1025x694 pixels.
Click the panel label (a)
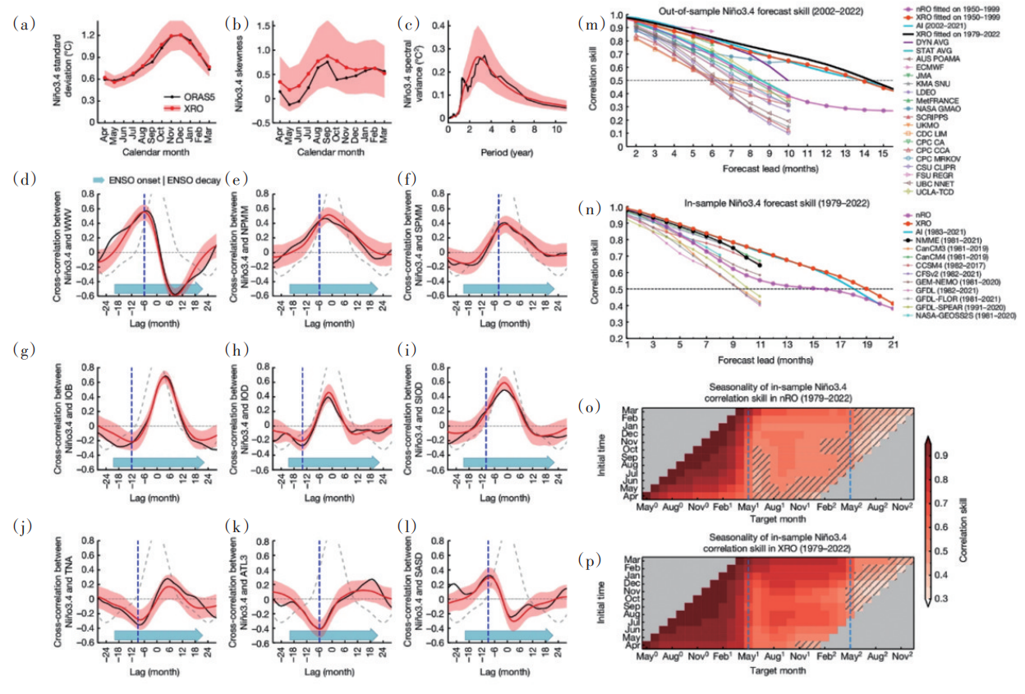[25, 24]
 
